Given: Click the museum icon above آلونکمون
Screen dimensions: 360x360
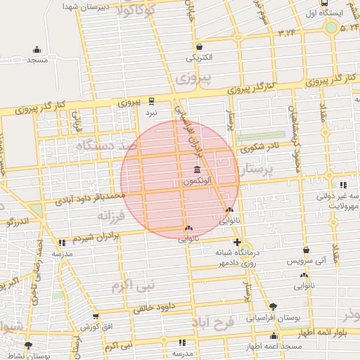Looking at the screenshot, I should click(x=195, y=172).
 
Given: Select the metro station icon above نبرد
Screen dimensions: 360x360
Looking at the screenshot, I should click(x=151, y=101).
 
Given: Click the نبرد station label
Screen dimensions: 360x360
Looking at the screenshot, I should click(x=151, y=112).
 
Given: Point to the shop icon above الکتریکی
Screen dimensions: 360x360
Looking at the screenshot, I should click(x=200, y=46).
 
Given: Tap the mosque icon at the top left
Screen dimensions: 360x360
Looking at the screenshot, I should click(x=37, y=50).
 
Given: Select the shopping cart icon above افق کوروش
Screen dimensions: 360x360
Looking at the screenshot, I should click(x=96, y=317).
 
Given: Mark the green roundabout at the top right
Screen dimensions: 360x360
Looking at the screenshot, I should click(x=330, y=27).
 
